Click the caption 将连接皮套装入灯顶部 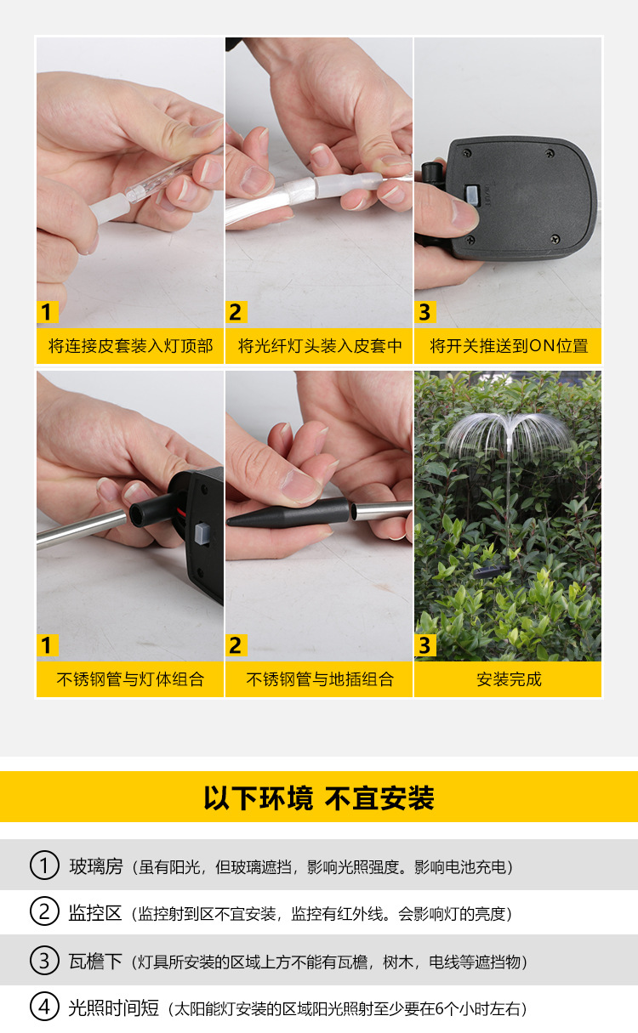pos(130,346)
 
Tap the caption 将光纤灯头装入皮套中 pos(320,346)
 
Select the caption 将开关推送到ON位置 pos(509,346)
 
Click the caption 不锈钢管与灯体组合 pos(130,679)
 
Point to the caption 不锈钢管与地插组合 pos(320,679)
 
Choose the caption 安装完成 pos(509,679)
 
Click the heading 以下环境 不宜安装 pos(319,798)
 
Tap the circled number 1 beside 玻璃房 pos(44,866)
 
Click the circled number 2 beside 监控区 pos(44,913)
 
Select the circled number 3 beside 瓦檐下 pos(44,961)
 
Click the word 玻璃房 pos(96,866)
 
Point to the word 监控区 pos(96,913)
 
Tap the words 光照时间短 pos(114,1008)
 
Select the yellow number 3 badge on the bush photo pos(424,645)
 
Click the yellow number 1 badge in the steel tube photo pos(47,645)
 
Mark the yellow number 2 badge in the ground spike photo pos(236,645)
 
